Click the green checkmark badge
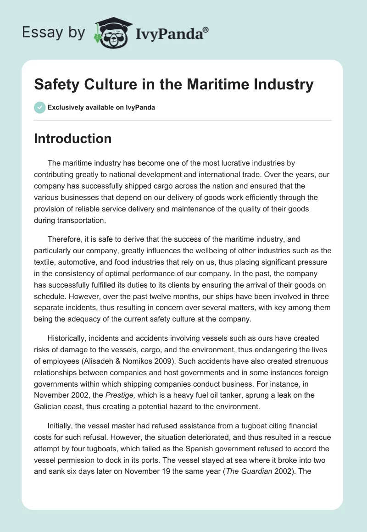pos(39,107)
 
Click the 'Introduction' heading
pos(73,139)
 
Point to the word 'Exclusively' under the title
pos(66,107)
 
